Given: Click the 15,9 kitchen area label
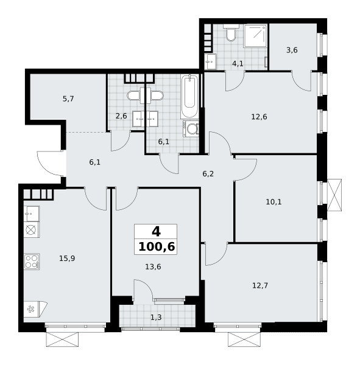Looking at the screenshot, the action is pos(67,258).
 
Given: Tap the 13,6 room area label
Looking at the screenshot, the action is pos(153,266).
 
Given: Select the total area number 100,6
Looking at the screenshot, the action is pos(157,247).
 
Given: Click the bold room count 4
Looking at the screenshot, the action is pos(156,232).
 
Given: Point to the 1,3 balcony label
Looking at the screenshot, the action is pos(156,318).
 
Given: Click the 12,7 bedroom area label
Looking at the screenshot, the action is pos(260,285).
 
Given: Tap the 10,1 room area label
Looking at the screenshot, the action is pos(274,202).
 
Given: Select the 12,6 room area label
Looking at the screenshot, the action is pos(259,117).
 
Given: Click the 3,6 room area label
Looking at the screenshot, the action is pos(292,50).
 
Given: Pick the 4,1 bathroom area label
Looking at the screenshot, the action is pos(238,63).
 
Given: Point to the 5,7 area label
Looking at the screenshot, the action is pos(68,99).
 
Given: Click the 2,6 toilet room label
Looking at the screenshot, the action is pos(121,116).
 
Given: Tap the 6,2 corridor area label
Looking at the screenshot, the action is pos(208,173).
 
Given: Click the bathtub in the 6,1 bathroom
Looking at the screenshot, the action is pos(189,97).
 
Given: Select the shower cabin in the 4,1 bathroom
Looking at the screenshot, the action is pos(255,36).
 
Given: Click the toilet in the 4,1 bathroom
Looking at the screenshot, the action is pos(231,33).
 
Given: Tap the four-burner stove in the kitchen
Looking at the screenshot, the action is pos(32,262).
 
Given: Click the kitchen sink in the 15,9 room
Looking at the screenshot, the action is pos(32,214).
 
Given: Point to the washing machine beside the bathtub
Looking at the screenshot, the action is pos(191,128).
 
